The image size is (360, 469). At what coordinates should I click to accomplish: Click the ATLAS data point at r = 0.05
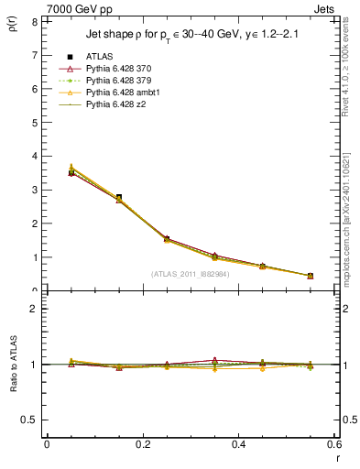tap(71, 172)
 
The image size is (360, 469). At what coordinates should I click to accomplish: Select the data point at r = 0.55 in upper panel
tap(310, 276)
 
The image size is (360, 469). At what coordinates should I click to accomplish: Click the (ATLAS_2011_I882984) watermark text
tap(191, 273)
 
